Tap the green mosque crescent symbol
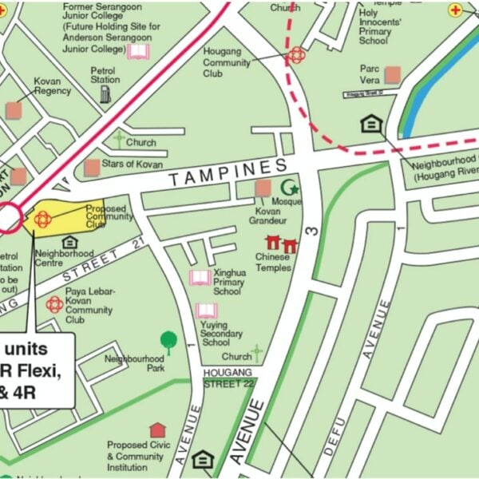293,189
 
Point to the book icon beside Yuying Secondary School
205,311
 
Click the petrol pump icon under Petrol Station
105,94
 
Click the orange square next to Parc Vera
392,75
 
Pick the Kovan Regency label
53,85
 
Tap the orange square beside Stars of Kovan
92,167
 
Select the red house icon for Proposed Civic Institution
157,430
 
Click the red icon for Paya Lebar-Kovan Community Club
53,304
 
